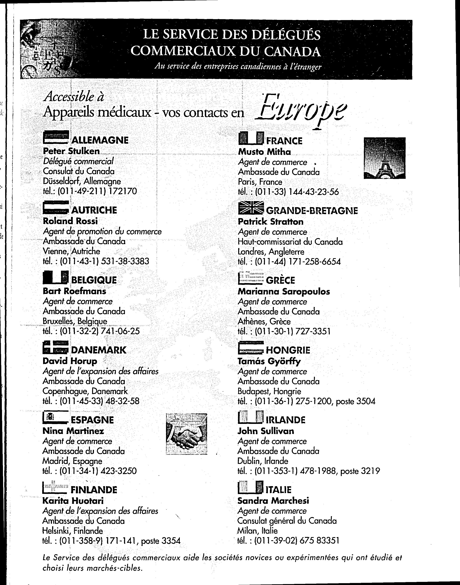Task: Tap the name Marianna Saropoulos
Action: (x=284, y=291)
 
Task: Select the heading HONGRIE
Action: (x=288, y=350)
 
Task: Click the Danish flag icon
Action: (x=55, y=347)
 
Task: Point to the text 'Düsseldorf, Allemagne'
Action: (x=82, y=181)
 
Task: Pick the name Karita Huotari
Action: (x=73, y=501)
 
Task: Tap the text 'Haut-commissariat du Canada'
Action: (x=290, y=242)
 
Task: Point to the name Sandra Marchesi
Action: (x=273, y=501)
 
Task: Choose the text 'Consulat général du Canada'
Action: (x=287, y=521)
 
